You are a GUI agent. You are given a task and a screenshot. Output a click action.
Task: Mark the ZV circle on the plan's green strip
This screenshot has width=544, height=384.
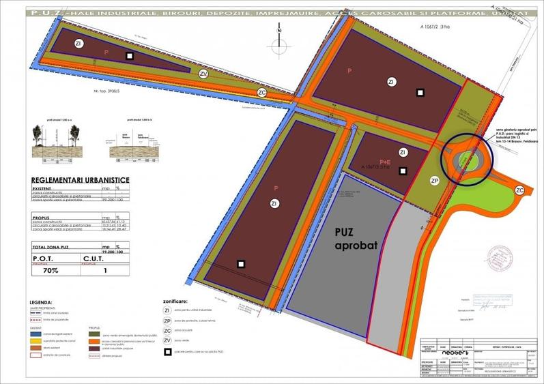203,74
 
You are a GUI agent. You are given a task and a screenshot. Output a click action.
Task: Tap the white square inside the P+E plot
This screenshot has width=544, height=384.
403,170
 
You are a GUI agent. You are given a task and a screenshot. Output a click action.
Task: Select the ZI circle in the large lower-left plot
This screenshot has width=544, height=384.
274,203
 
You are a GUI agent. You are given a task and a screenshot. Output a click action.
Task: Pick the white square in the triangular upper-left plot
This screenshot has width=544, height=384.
129,56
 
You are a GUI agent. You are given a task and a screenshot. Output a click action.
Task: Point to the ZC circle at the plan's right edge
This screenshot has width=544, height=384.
519,190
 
